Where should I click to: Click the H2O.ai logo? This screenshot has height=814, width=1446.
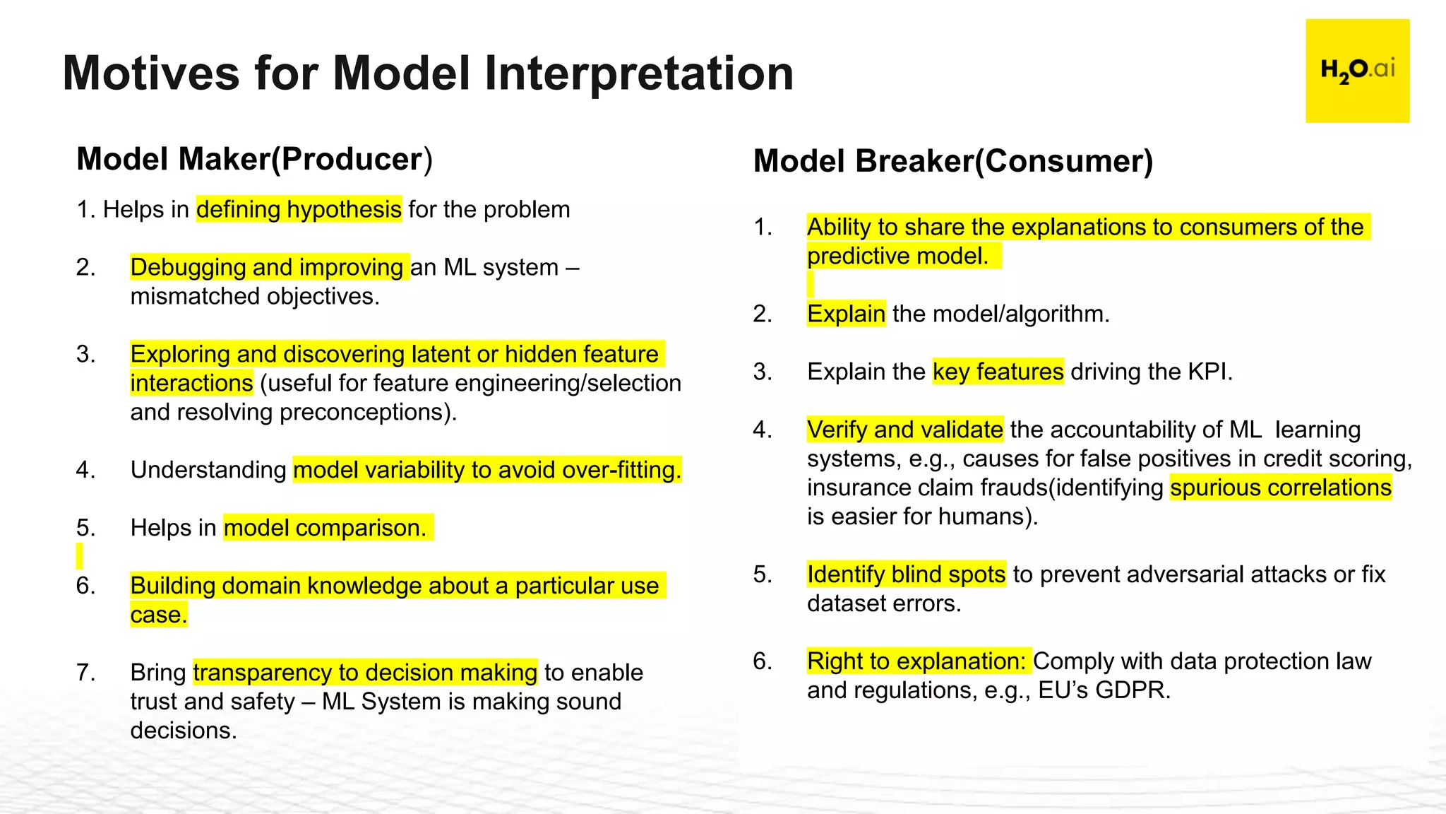pos(1357,71)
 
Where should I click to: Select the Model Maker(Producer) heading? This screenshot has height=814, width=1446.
pos(254,159)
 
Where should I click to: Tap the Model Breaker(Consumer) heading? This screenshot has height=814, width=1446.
pos(952,161)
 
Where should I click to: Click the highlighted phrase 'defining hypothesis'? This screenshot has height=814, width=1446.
pos(299,210)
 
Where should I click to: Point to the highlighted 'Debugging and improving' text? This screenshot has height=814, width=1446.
pos(267,268)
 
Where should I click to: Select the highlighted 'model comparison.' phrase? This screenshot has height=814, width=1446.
pos(325,528)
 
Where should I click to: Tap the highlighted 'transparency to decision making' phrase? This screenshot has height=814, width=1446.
pos(365,673)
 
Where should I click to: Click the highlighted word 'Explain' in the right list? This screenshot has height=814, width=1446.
pos(846,314)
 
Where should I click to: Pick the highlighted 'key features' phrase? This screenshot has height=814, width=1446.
pos(998,372)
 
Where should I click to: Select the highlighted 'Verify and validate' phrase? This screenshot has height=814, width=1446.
pos(904,430)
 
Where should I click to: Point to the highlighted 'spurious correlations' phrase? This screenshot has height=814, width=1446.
pos(1280,488)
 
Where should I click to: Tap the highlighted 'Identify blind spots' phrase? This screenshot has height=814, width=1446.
pos(906,574)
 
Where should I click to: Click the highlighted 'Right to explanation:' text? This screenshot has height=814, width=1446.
pos(916,661)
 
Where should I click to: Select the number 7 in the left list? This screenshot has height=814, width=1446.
pos(85,673)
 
